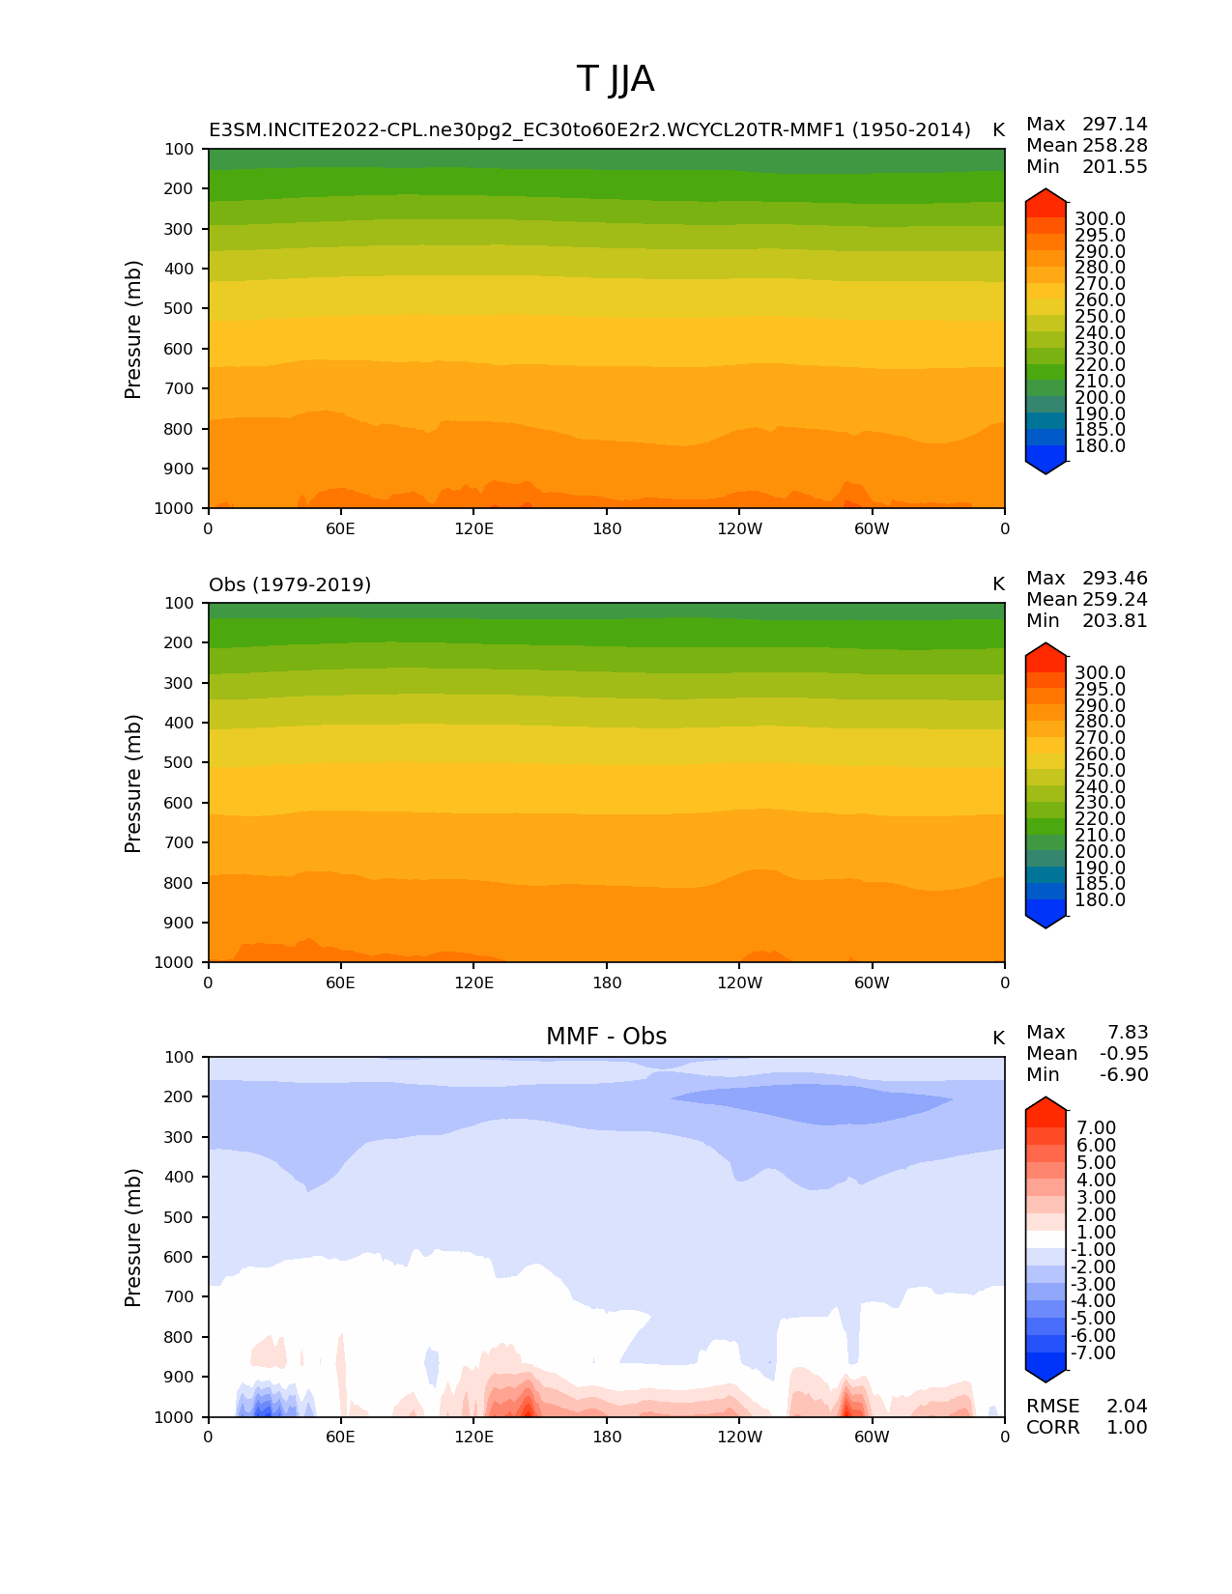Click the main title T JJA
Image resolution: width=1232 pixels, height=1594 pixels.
pos(616,79)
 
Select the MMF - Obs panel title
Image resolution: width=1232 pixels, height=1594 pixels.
pos(606,1037)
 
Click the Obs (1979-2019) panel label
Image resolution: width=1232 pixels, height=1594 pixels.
pos(290,584)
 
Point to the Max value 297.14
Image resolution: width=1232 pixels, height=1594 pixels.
pos(1114,125)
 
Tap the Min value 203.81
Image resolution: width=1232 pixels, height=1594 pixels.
pos(1114,621)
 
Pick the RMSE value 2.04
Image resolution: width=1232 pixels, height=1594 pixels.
pos(1127,1406)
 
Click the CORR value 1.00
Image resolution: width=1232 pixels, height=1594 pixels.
pos(1127,1427)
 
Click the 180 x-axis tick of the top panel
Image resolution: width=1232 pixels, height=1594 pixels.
pos(607,528)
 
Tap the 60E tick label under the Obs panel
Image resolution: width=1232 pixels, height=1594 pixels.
pos(340,982)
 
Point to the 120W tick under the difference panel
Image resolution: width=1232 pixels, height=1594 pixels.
pos(739,1437)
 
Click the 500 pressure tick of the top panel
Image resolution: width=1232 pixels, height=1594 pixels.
pos(179,308)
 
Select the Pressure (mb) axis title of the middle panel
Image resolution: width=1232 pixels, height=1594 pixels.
pos(133,783)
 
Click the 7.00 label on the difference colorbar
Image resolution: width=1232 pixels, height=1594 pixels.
pos(1096,1128)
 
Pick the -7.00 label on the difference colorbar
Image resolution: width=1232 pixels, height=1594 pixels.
pos(1093,1352)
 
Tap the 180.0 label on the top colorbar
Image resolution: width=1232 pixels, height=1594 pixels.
pos(1100,446)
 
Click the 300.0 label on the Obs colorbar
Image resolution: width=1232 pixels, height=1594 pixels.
pos(1100,673)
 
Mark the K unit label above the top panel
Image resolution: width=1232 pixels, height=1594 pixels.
pos(998,130)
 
